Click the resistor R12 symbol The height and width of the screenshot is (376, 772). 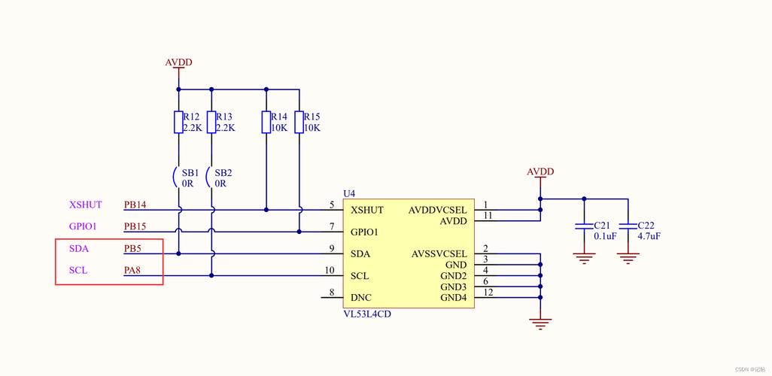(178, 122)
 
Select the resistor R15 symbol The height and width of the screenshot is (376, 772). (299, 122)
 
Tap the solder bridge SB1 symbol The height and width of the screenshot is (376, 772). (177, 178)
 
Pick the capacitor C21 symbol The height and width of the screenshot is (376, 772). (583, 226)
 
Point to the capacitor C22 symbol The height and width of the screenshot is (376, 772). (628, 226)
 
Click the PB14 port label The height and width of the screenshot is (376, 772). (135, 205)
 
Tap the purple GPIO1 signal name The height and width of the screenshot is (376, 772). (84, 226)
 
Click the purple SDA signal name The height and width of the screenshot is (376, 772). (79, 248)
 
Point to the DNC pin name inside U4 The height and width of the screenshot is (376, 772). (361, 298)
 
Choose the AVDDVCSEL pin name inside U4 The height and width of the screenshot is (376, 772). (438, 211)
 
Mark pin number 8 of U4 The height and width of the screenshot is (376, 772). (332, 293)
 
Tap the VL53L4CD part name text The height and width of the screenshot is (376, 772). (367, 314)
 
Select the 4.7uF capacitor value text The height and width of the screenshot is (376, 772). (649, 235)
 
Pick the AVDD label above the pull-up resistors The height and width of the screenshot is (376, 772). (178, 62)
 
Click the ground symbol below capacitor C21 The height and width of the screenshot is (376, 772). (583, 259)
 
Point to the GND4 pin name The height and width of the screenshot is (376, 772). (454, 298)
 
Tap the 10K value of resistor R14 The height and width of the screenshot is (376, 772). (279, 128)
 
